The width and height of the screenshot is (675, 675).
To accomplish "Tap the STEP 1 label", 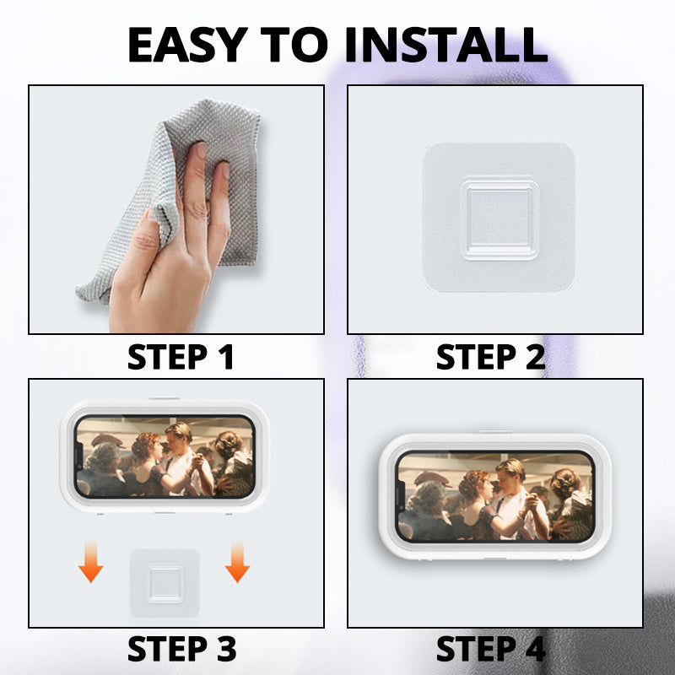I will coord(181,357).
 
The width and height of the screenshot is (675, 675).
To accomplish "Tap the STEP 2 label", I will coord(490,357).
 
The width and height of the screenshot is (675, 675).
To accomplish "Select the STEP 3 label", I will coord(181,649).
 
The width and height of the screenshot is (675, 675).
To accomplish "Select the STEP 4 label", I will coord(490,649).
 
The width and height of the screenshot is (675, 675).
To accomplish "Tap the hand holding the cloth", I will coord(169,253).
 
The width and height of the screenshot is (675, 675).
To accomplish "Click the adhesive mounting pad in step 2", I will coord(499,217).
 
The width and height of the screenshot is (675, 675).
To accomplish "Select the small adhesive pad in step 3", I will coord(165,582).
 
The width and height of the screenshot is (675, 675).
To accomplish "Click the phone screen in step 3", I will coord(164,456).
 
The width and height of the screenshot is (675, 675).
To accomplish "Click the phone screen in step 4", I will coord(495,495).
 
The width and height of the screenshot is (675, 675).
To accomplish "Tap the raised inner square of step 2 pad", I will coord(499,217).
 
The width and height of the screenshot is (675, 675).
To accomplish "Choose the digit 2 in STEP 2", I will coord(532,357).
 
